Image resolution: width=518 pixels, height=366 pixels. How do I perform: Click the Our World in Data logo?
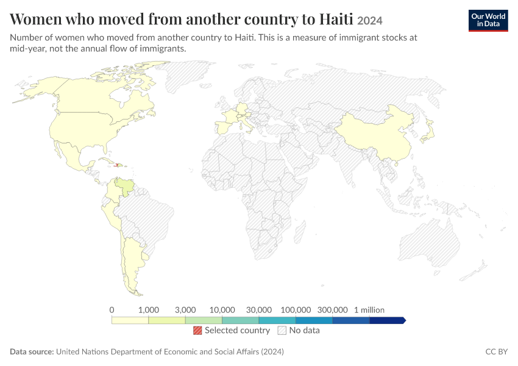pos(488,21)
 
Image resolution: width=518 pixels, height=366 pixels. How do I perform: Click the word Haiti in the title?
pos(336,19)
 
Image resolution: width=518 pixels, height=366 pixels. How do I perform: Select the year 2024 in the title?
pos(370,21)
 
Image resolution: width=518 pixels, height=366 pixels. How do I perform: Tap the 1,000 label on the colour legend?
pos(149,310)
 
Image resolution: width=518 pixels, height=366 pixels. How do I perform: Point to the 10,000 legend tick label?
pos(222,310)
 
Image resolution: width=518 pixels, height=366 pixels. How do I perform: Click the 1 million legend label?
pos(369,310)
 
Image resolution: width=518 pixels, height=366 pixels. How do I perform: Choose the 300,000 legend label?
pos(332,310)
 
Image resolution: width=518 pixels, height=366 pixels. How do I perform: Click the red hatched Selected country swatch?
pos(197,330)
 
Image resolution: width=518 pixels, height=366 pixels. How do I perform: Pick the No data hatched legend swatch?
pos(282,330)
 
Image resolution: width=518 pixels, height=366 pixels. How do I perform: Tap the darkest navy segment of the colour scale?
pos(387,320)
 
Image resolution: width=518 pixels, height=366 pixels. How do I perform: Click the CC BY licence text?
pos(496,351)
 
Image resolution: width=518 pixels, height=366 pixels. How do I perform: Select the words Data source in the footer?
pos(32,351)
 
